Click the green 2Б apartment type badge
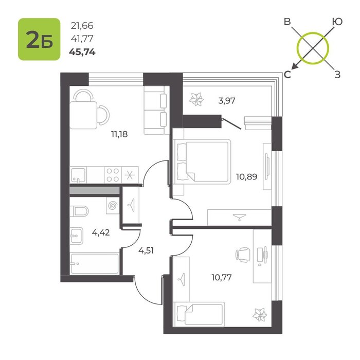pyautogui.click(x=39, y=39)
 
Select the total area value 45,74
pyautogui.click(x=82, y=52)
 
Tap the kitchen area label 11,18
pyautogui.click(x=119, y=134)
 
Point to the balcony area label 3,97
pyautogui.click(x=227, y=101)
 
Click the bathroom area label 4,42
pyautogui.click(x=101, y=232)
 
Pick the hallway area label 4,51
pyautogui.click(x=146, y=250)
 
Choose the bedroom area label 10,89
pyautogui.click(x=246, y=176)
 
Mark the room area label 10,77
pyautogui.click(x=222, y=277)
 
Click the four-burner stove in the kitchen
pyautogui.click(x=113, y=175)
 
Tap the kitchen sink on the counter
pyautogui.click(x=78, y=175)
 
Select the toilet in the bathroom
pyautogui.click(x=79, y=211)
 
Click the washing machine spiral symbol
pyautogui.click(x=113, y=206)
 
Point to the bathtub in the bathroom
pyautogui.click(x=94, y=263)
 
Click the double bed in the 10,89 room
pyautogui.click(x=202, y=161)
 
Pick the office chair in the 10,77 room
pyautogui.click(x=243, y=255)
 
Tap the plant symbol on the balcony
pyautogui.click(x=196, y=99)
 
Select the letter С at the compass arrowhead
pyautogui.click(x=287, y=75)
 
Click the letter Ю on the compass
pyautogui.click(x=337, y=22)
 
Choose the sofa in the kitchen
pyautogui.click(x=156, y=110)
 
